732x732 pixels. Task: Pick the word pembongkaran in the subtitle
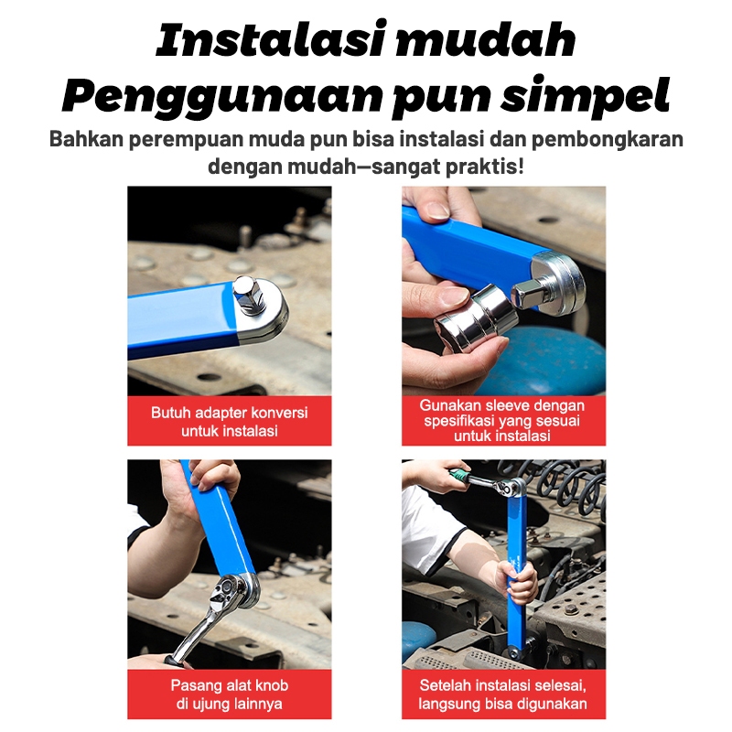tap(608, 140)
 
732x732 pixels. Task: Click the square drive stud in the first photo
tap(248, 294)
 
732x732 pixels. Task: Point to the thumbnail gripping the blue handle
tap(437, 210)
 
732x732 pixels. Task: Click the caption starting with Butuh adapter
tap(230, 422)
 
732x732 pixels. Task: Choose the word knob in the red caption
tap(271, 685)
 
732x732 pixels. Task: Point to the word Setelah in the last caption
tap(441, 685)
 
